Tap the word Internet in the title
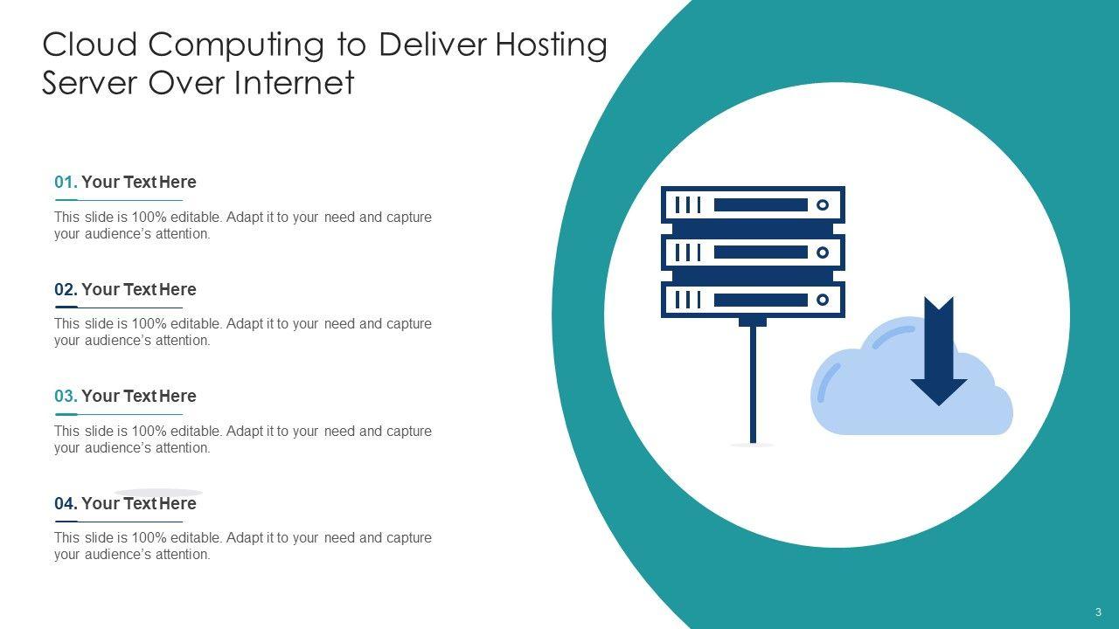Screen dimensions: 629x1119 tap(294, 83)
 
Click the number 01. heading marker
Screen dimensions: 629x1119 tap(66, 183)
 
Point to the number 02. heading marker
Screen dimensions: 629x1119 tap(66, 290)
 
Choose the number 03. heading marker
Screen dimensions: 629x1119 tap(66, 397)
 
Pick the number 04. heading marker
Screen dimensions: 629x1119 tap(66, 504)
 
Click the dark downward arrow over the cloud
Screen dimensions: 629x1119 tap(939, 354)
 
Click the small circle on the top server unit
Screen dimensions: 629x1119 tap(822, 205)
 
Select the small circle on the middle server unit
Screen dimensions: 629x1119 tap(822, 252)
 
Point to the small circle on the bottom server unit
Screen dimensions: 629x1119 tap(822, 301)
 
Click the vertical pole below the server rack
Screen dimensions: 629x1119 tap(753, 384)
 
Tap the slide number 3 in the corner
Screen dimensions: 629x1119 tap(1098, 612)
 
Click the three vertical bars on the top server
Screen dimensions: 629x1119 tap(688, 205)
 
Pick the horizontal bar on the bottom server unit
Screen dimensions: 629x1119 tap(761, 301)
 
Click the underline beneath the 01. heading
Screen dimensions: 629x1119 tap(119, 200)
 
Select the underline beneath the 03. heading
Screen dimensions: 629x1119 tap(119, 414)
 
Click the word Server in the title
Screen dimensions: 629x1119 tap(90, 83)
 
